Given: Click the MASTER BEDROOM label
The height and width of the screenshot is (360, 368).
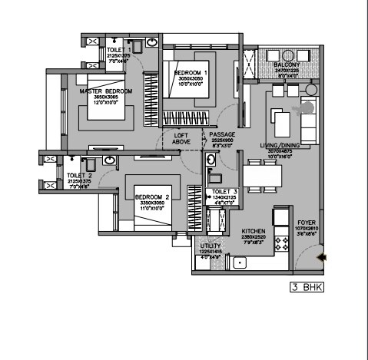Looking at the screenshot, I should (106, 91).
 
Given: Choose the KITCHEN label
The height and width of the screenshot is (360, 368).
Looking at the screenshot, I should (253, 230).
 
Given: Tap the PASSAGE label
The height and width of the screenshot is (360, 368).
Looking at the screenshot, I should (222, 135).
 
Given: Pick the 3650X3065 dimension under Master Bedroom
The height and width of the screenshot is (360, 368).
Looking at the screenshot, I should (106, 98).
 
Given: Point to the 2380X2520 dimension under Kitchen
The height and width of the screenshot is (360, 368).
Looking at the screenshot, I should (253, 237).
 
